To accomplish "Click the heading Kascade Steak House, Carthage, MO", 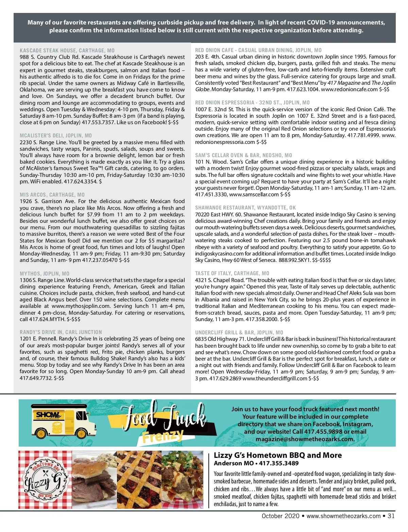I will tap(67, 50).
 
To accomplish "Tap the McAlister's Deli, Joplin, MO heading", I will tap(56, 135).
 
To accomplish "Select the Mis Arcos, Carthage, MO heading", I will tap(52, 195).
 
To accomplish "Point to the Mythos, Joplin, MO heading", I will tap(45, 273).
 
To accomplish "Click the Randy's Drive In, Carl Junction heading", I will tap(61, 332).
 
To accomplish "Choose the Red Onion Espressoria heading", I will tap(252, 102).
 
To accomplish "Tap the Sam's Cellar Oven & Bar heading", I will tap(243, 155).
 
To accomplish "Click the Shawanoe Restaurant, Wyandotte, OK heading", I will tap(245, 207).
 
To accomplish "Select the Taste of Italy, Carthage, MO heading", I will tap(232, 273).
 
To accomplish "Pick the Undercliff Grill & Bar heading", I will tap(239, 332).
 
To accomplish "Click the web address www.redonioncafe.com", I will tap(349, 89).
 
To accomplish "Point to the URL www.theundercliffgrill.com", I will tap(275, 378).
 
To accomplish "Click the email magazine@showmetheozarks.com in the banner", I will tap(305, 439).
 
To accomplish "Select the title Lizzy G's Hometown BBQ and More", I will tap(278, 455).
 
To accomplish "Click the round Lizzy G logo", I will tap(46, 479).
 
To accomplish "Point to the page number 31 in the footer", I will tap(391, 516).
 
